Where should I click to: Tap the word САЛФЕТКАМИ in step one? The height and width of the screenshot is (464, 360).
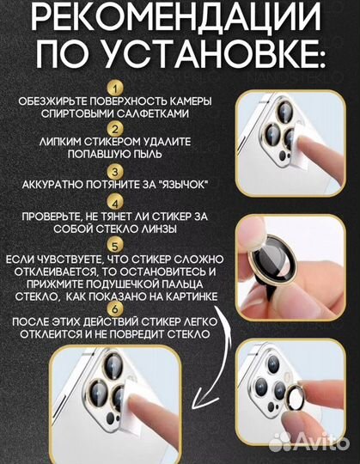point(159,113)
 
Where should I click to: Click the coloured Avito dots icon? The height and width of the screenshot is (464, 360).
point(281,442)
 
